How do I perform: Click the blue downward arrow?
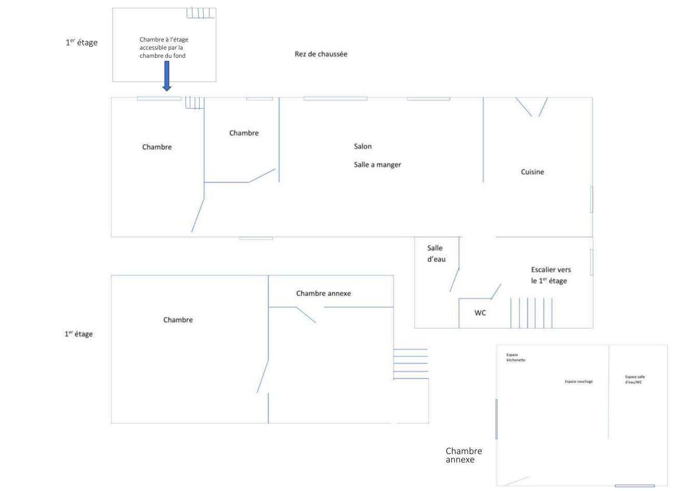click(x=167, y=76)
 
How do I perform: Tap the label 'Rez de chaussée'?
click(x=321, y=54)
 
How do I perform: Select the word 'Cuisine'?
click(x=532, y=172)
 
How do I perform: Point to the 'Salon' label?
click(x=363, y=146)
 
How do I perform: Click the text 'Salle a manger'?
click(x=377, y=165)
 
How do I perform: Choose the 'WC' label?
click(x=480, y=313)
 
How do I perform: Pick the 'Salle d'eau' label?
click(x=436, y=254)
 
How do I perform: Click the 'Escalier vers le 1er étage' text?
click(x=550, y=275)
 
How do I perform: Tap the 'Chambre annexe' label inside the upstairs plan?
click(x=323, y=293)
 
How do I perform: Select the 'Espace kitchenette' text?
click(x=515, y=357)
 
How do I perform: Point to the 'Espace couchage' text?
click(x=579, y=381)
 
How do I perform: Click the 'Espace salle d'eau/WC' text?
click(x=635, y=380)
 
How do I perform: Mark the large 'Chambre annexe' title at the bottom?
click(x=463, y=455)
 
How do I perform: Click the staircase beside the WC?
click(x=531, y=313)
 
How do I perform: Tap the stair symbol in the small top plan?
click(x=200, y=13)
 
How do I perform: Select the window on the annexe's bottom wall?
click(x=635, y=486)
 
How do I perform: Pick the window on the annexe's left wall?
click(x=496, y=419)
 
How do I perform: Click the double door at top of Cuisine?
click(x=531, y=107)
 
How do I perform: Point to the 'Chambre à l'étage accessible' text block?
click(x=164, y=48)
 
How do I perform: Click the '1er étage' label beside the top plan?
click(x=81, y=43)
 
